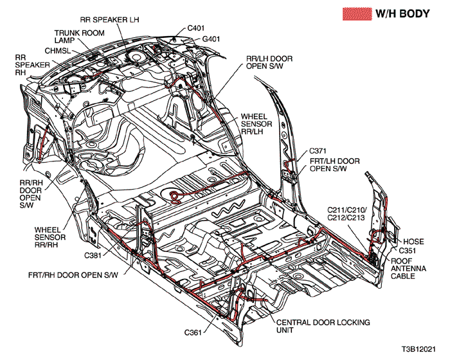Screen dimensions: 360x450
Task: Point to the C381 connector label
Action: click(94, 255)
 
